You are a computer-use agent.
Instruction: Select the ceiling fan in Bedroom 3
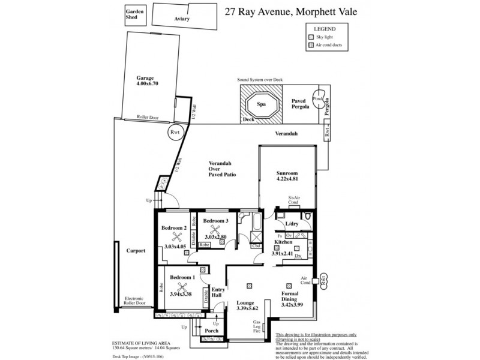[213, 229]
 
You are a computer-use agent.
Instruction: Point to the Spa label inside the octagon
[262, 104]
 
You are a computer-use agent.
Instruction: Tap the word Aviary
[182, 19]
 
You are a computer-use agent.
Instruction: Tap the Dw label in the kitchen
[298, 255]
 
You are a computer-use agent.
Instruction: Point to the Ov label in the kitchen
[289, 236]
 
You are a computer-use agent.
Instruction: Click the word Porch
[211, 331]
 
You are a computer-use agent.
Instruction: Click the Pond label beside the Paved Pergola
[318, 99]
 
